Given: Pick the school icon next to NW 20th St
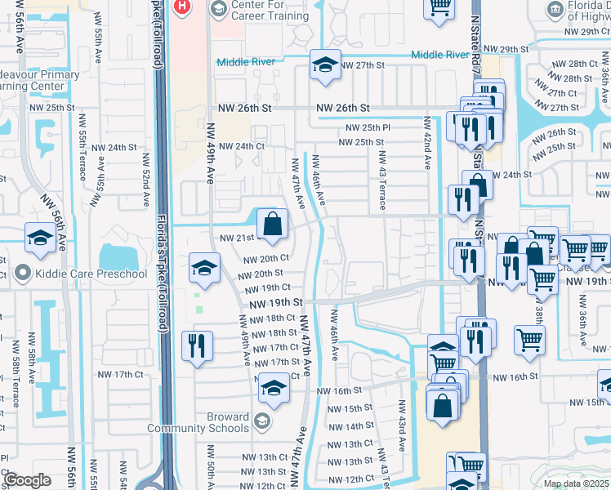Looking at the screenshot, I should [x=204, y=268].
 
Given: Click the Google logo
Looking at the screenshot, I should [x=27, y=480].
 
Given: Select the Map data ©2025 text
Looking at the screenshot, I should [x=576, y=483].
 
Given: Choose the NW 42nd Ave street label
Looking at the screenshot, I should [x=426, y=142].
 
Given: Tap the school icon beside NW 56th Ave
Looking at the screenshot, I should [x=39, y=238].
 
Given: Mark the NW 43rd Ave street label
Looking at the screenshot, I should [x=401, y=424].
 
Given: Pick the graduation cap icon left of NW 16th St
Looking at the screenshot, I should [x=274, y=389].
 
